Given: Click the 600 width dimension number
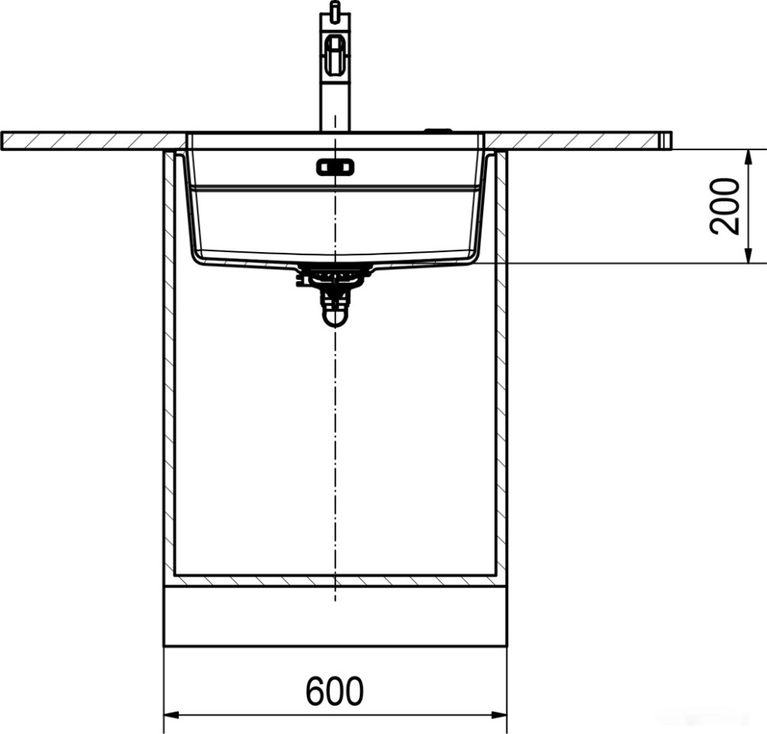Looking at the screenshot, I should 334,691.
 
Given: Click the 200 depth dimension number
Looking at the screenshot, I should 725,205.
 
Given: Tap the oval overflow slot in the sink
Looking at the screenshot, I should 336,167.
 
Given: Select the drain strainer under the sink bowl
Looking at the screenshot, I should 334,273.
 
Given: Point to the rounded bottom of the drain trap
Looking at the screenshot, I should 335,317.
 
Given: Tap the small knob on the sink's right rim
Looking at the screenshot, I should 436,130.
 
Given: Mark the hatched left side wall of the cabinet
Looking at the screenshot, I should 168,363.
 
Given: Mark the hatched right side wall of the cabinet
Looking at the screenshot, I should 501,363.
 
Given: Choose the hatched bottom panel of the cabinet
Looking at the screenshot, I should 334,581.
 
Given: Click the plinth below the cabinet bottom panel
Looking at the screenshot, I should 334,616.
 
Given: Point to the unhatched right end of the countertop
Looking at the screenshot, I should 666,141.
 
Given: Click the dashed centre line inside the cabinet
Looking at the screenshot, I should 335,442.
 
